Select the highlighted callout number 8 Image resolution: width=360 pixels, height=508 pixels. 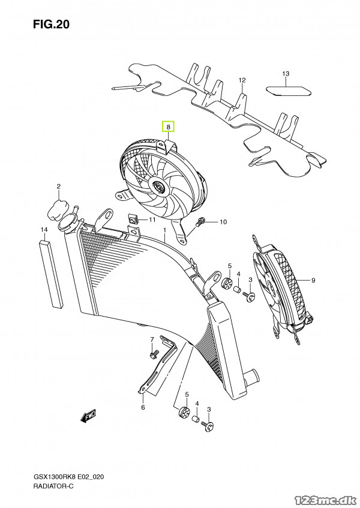point(169,127)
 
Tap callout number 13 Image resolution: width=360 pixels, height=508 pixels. point(286,74)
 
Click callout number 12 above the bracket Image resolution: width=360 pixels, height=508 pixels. point(242,80)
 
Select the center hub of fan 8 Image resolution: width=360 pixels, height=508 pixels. point(160,188)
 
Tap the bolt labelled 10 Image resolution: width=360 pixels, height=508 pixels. point(201,222)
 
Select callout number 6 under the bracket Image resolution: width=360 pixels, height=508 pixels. point(143,408)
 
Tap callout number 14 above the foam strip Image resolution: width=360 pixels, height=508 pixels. point(44,230)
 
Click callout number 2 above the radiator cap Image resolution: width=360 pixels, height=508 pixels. point(59,186)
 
